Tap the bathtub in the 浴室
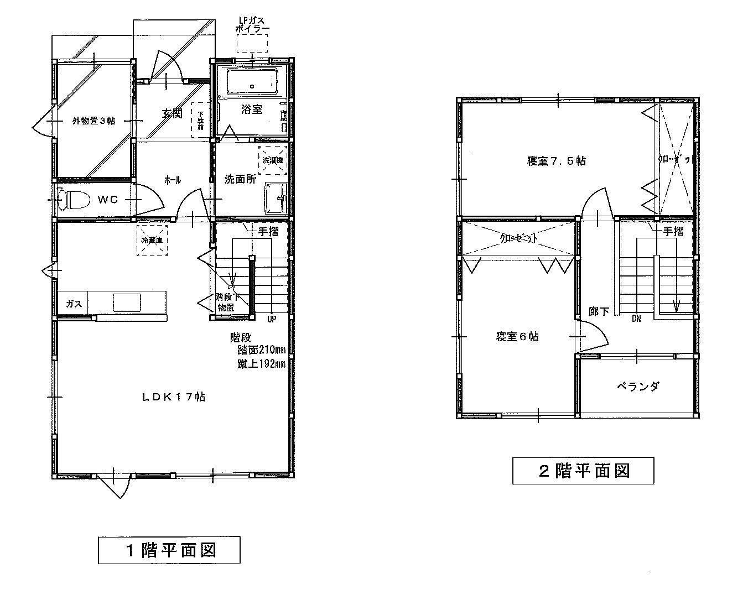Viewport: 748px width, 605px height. (x=252, y=82)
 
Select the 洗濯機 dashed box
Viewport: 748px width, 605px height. (x=272, y=160)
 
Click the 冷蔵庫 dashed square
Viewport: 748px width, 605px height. (x=152, y=240)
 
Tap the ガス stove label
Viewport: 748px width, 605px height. (x=74, y=304)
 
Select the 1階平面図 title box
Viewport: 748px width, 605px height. (x=169, y=550)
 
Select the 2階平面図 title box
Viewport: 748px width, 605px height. (x=583, y=471)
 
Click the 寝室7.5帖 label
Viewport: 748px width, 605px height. (x=556, y=161)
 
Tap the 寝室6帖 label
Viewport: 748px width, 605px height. (x=517, y=336)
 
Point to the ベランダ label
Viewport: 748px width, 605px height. (x=638, y=386)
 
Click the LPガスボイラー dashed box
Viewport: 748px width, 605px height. (x=252, y=43)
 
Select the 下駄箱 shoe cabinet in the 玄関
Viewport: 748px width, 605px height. (x=198, y=119)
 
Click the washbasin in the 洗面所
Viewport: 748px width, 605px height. (x=275, y=197)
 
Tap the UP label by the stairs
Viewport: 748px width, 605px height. (x=272, y=319)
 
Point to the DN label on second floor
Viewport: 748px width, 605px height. (x=636, y=319)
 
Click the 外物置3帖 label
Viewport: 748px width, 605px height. (x=94, y=121)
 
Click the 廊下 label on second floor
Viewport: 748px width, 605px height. (x=599, y=311)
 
